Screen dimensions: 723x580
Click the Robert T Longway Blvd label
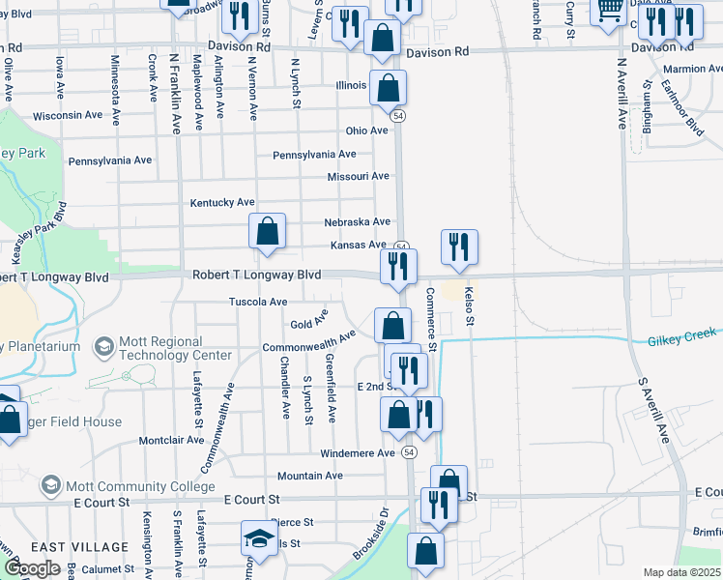(x=256, y=275)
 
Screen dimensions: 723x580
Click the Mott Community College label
(x=133, y=485)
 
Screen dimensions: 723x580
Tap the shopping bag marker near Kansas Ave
(x=267, y=232)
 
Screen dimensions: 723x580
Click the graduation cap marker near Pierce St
(x=259, y=537)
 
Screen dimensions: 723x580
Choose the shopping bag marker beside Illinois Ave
(x=387, y=89)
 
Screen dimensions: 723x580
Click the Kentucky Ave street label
(x=222, y=202)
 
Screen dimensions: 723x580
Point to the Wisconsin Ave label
(x=68, y=115)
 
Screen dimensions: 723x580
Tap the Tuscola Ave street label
(x=258, y=303)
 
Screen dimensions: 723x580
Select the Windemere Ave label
(x=358, y=452)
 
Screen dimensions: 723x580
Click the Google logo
(x=31, y=568)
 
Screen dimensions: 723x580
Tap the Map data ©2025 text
(x=681, y=572)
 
